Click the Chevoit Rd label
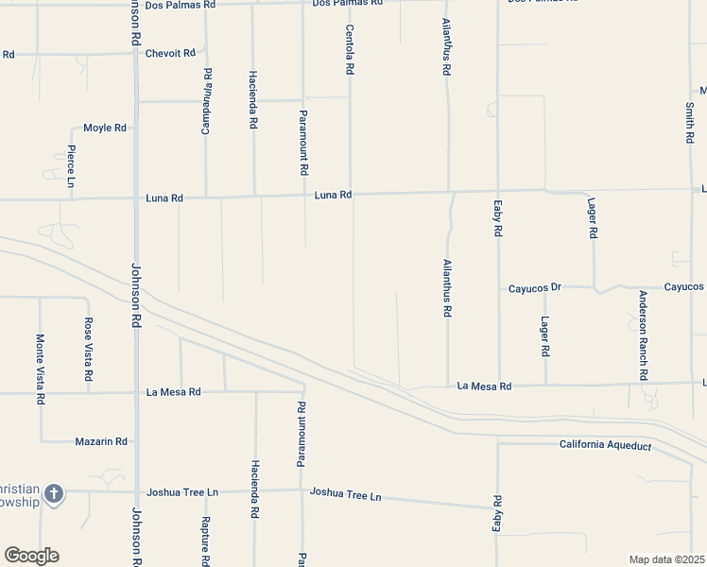[x=170, y=53]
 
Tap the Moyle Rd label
[x=105, y=128]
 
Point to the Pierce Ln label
[x=72, y=165]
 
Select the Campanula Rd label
[x=206, y=100]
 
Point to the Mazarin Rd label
[x=101, y=441]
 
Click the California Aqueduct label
[x=605, y=445]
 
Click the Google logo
[x=31, y=556]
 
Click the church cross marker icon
[x=54, y=493]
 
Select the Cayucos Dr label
[x=535, y=287]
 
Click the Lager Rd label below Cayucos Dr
[x=545, y=336]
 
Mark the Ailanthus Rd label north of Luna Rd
[x=447, y=48]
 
